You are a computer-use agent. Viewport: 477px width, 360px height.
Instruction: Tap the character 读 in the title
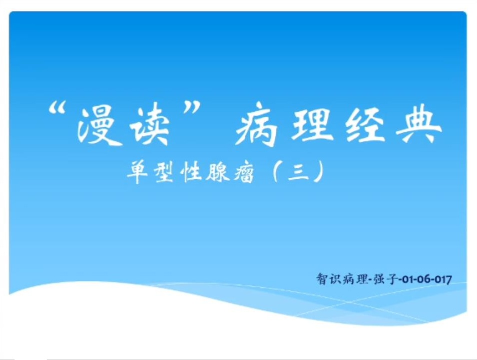[x=149, y=124]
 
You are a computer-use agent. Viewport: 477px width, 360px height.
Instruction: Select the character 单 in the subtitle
[x=137, y=172]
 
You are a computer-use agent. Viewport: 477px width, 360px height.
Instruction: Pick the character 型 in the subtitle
[x=164, y=172]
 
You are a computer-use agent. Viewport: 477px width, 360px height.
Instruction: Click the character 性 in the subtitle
[x=191, y=172]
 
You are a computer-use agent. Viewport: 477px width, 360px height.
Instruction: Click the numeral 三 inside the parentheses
[x=299, y=172]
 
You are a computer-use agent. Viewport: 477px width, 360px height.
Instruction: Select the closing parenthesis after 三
[x=319, y=172]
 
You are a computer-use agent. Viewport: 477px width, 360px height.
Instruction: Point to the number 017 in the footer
[x=443, y=279]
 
